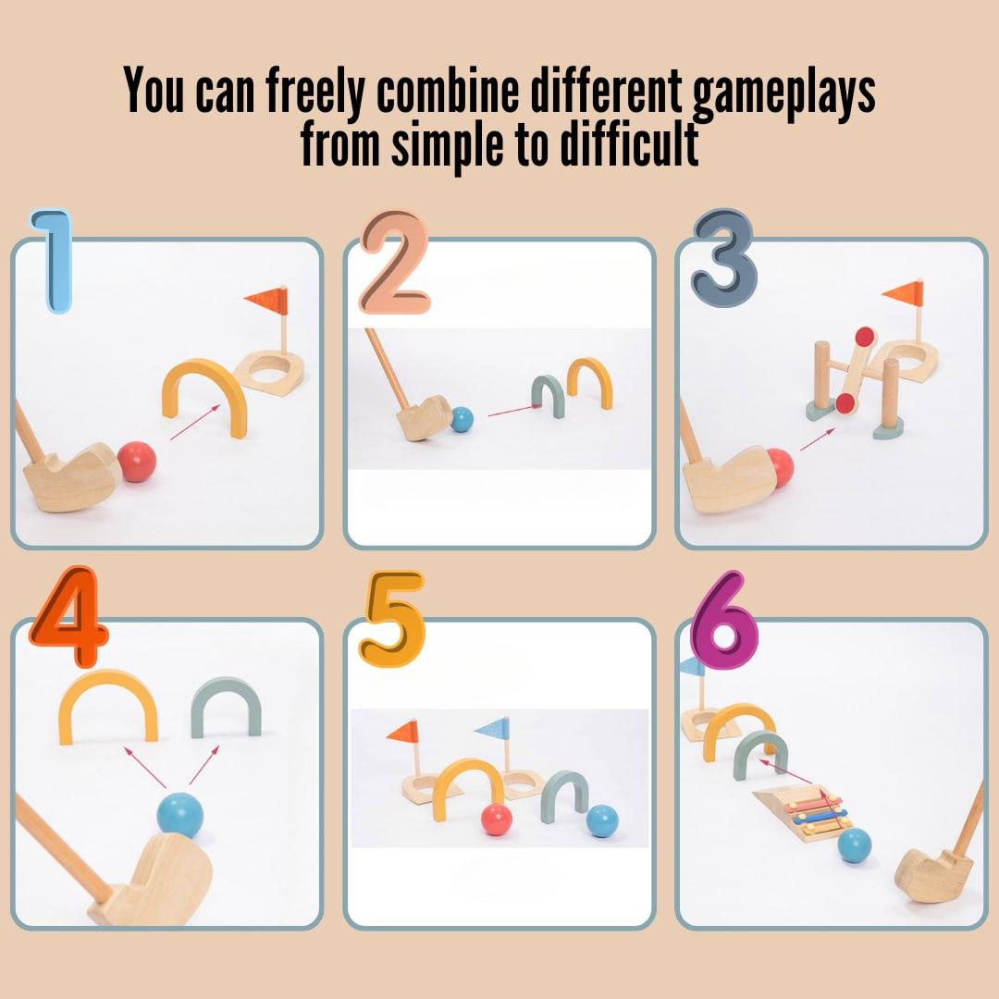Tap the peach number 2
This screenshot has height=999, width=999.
click(x=395, y=263)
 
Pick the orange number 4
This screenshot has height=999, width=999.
click(x=68, y=616)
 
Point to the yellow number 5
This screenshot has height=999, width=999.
click(x=391, y=618)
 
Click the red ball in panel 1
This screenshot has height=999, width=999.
click(x=136, y=462)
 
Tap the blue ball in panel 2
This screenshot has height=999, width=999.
click(x=462, y=419)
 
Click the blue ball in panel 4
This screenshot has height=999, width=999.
click(x=180, y=815)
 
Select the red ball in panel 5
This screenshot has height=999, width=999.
click(x=497, y=820)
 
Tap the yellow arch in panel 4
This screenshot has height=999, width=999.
click(x=107, y=683)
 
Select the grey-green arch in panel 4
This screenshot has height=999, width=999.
click(x=227, y=686)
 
